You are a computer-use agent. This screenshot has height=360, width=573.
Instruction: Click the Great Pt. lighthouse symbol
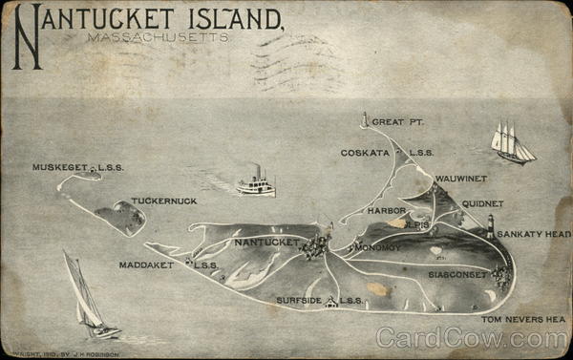click(x=364, y=120)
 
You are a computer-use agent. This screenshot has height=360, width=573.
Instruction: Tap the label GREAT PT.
click(x=398, y=122)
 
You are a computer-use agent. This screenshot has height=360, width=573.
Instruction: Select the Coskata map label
click(x=365, y=153)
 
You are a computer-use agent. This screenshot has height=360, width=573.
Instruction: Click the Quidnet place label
click(x=482, y=203)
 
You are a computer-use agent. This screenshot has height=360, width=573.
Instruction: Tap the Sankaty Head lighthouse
click(x=491, y=226)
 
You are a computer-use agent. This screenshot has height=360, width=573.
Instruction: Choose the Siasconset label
click(x=458, y=274)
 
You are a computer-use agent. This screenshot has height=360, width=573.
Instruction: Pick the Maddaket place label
click(x=146, y=265)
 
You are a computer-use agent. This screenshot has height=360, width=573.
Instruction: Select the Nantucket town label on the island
click(x=266, y=243)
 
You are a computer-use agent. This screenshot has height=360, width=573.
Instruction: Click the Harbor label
click(x=388, y=210)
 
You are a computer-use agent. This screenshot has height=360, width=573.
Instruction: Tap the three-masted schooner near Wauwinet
click(x=510, y=142)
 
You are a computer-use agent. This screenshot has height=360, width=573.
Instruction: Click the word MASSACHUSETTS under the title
click(x=158, y=38)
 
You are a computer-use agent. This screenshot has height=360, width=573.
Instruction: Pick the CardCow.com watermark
click(x=472, y=338)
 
